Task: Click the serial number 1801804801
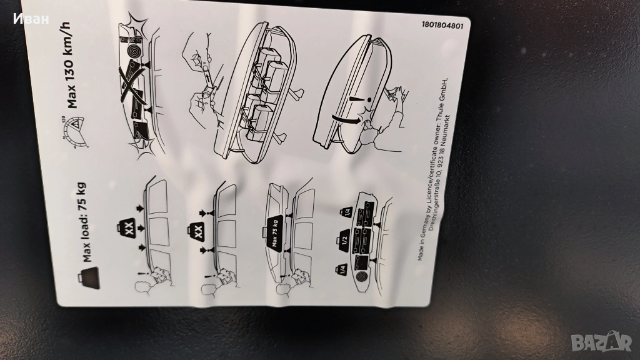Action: coord(443,25)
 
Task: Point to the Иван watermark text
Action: coord(31,19)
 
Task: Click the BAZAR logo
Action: coord(601,341)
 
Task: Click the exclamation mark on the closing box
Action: coord(360,99)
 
